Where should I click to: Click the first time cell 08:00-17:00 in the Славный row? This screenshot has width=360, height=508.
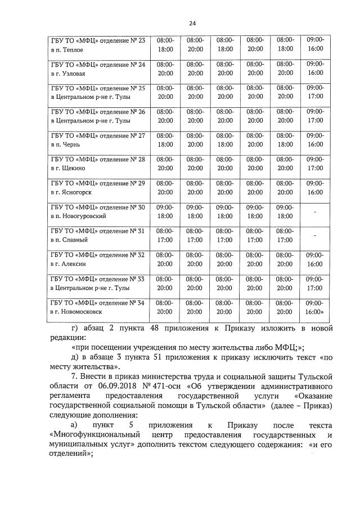(165, 235)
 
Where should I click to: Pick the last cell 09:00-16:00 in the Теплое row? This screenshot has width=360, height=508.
(315, 45)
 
